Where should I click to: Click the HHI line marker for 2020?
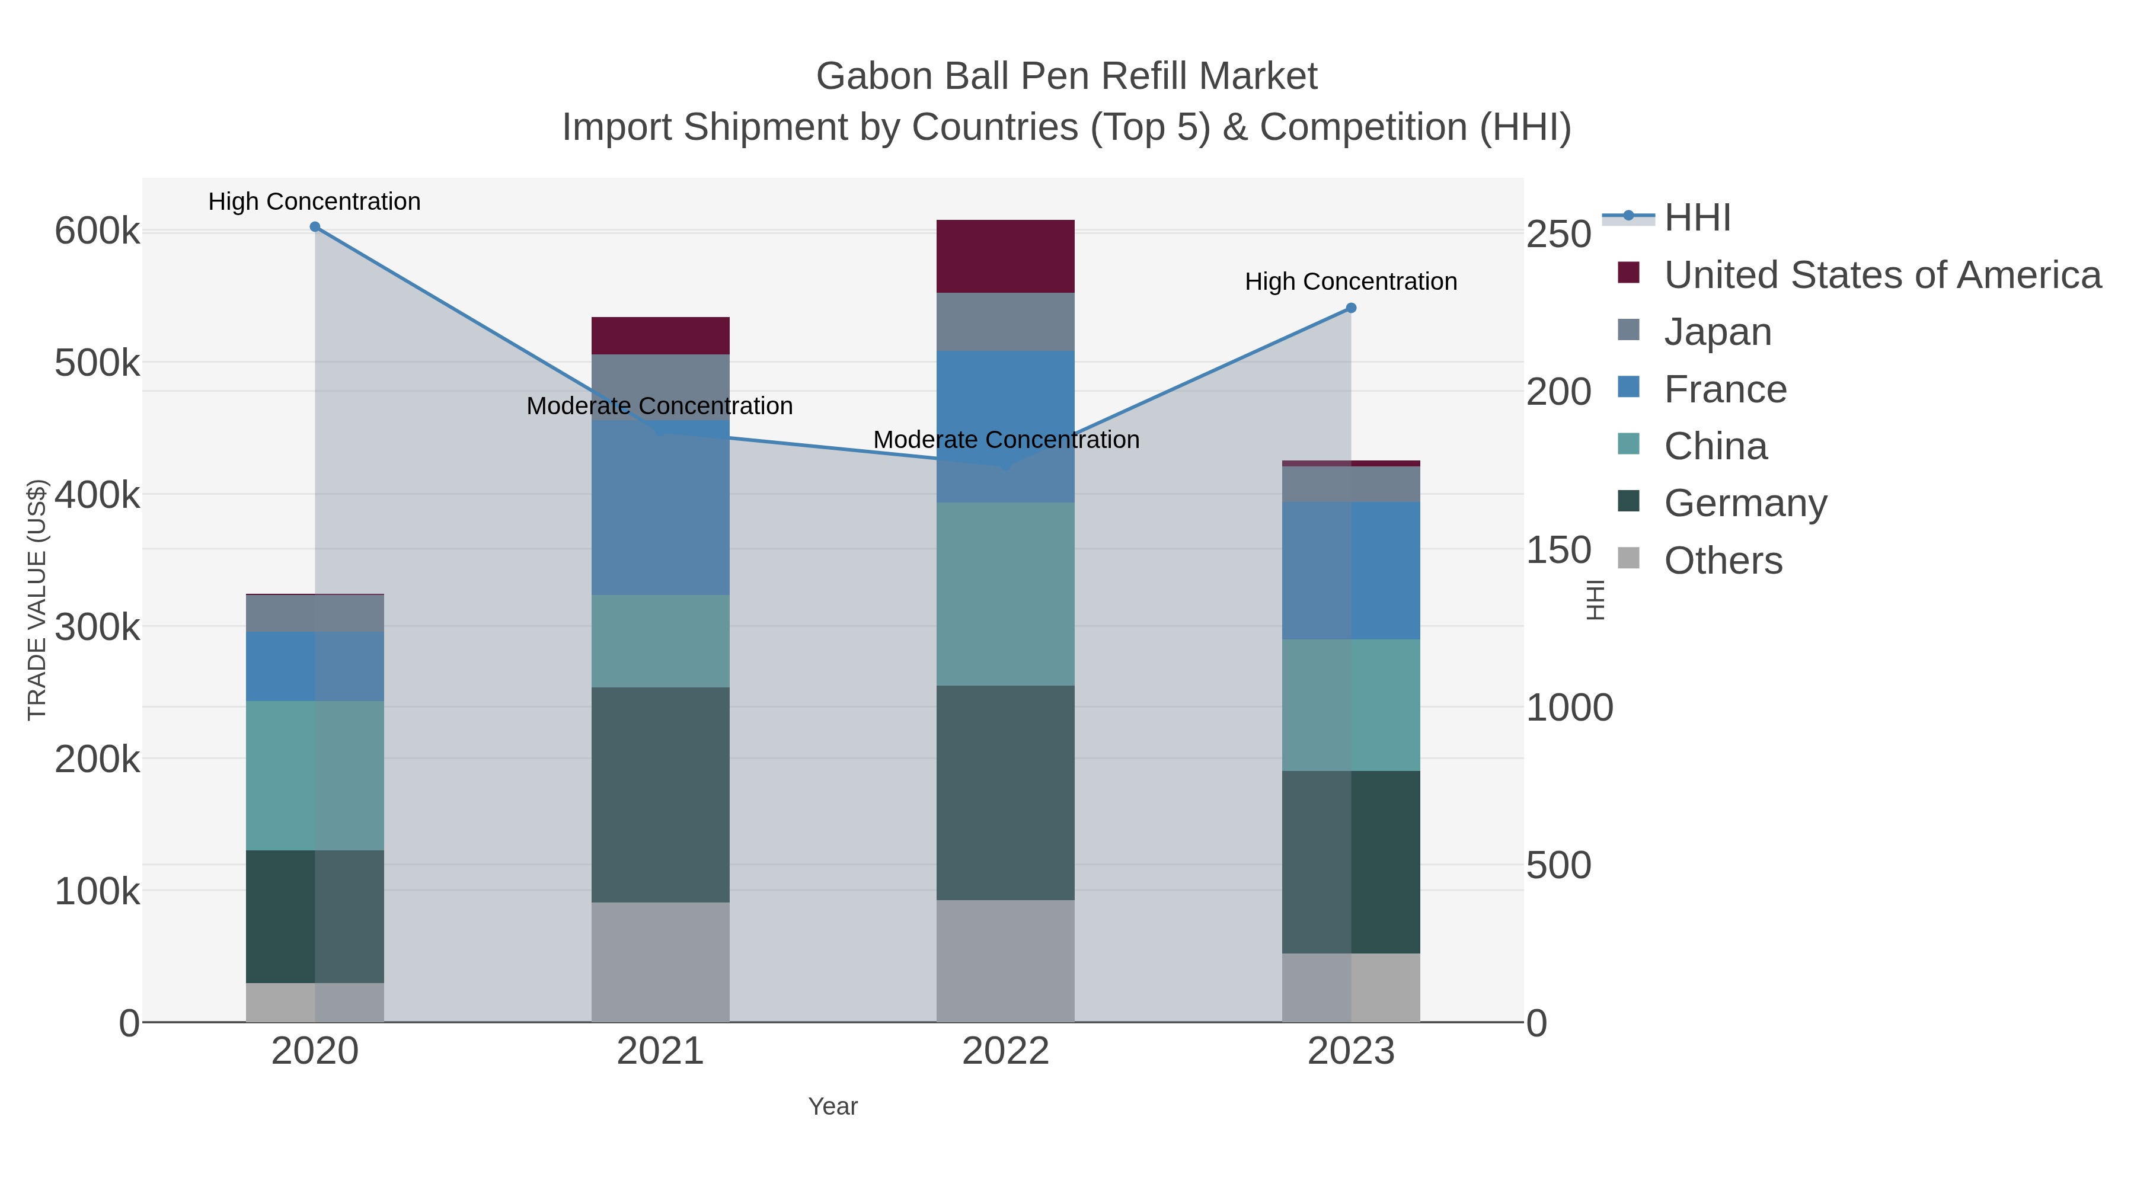click(315, 227)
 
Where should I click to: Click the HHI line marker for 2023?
click(1351, 308)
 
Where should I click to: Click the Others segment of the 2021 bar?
click(660, 962)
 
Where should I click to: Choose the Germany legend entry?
click(1745, 503)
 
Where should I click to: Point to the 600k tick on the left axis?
click(97, 231)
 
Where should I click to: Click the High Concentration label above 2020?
click(315, 201)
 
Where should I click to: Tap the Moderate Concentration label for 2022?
click(1006, 440)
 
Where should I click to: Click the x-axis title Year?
click(833, 1106)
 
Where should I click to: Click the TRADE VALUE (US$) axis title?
click(37, 600)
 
